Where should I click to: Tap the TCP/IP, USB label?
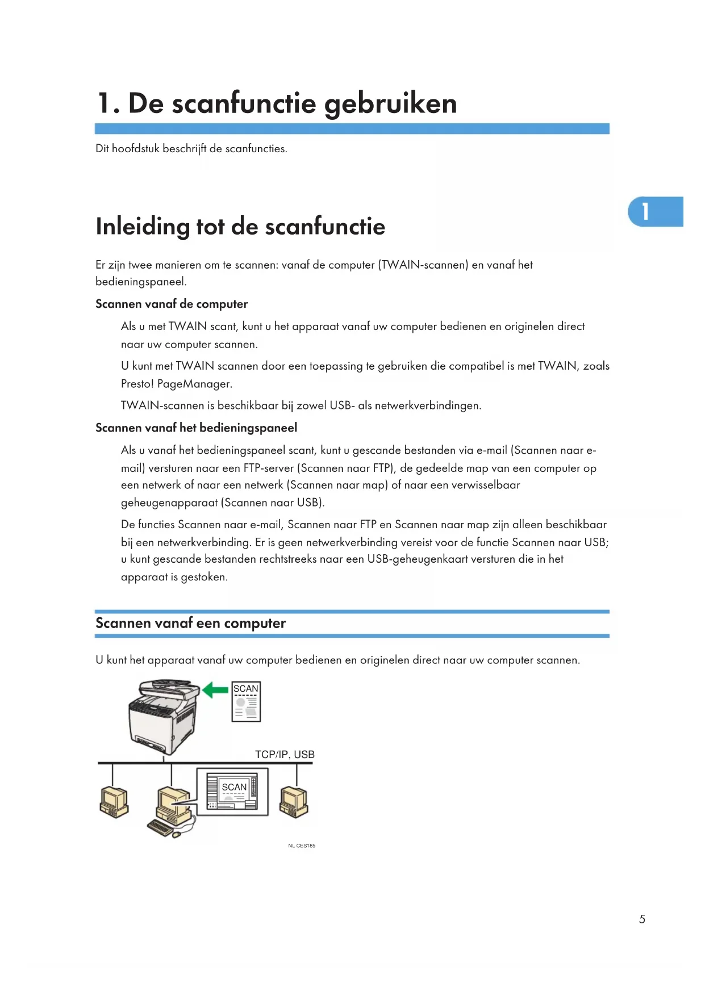285,755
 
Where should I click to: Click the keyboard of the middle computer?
160,827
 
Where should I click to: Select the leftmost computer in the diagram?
114,802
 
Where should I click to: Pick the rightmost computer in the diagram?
294,802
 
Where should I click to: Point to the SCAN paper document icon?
246,702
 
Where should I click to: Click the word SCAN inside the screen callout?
234,787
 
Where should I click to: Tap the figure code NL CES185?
302,846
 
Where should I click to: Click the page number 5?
642,919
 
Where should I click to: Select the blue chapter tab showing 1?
655,211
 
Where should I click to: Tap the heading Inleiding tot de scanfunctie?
240,227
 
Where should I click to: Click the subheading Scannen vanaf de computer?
172,304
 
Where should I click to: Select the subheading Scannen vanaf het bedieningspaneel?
196,428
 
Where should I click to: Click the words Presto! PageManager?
176,384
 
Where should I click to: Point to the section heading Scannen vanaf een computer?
190,623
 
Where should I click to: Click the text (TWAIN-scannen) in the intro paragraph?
423,265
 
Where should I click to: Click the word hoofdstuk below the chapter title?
135,149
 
